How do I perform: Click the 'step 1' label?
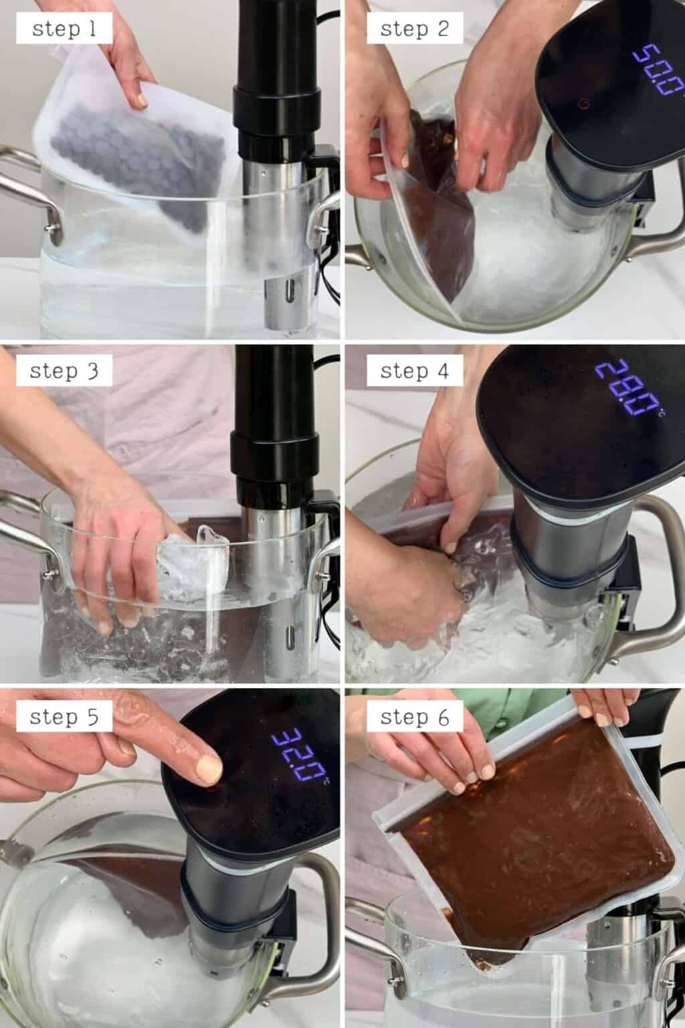(65, 29)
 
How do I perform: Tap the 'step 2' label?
(413, 29)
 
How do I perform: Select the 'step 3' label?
(65, 371)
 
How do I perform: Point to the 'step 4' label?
(413, 371)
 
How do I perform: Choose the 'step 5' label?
(65, 717)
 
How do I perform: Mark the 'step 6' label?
(413, 717)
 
